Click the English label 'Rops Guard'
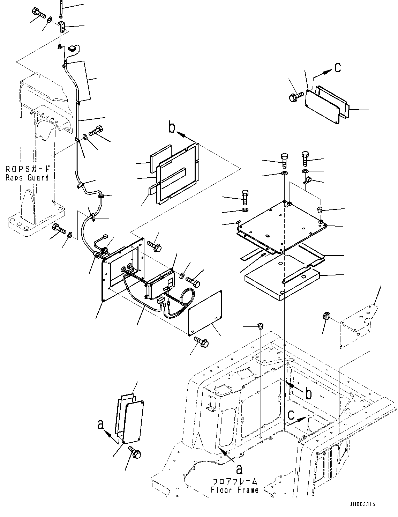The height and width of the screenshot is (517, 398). pyautogui.click(x=27, y=178)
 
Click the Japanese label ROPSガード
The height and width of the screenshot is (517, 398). pyautogui.click(x=28, y=169)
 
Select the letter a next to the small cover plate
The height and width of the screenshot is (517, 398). pyautogui.click(x=101, y=424)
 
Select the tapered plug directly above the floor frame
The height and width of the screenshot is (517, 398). pyautogui.click(x=261, y=326)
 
